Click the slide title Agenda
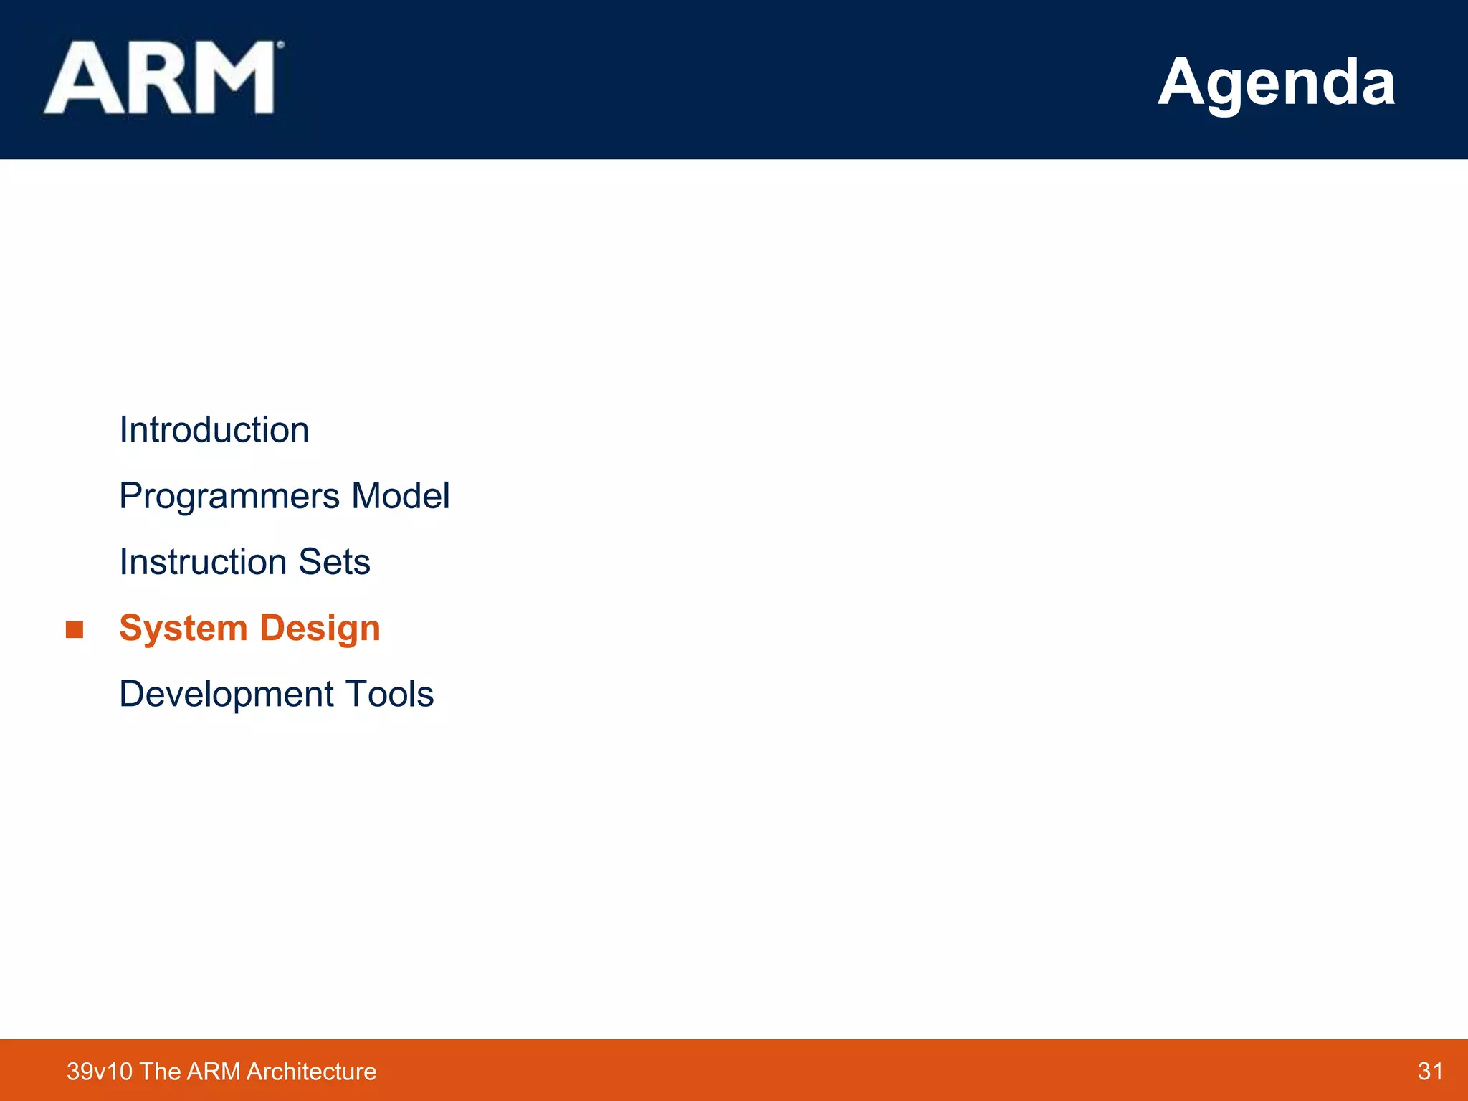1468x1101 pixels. (x=1276, y=82)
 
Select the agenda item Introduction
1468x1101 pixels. (x=214, y=430)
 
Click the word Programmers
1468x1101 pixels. (x=229, y=497)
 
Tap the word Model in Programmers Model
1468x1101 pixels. (x=400, y=496)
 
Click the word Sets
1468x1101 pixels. (x=334, y=562)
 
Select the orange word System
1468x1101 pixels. (x=183, y=629)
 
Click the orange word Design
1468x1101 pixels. (x=320, y=629)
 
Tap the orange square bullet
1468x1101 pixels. (x=75, y=630)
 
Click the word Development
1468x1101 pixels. (x=227, y=695)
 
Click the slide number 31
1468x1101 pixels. (x=1430, y=1071)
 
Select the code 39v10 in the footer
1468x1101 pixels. (x=100, y=1072)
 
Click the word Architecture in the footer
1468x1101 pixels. (x=311, y=1072)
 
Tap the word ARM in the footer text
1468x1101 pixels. (x=214, y=1072)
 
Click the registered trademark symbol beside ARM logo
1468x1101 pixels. (x=281, y=44)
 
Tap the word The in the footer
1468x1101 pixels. (x=160, y=1072)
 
